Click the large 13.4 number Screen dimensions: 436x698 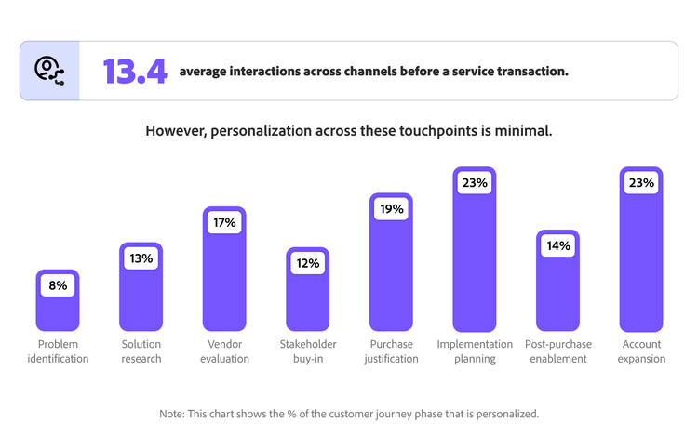tap(134, 71)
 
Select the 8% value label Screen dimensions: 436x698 tap(57, 285)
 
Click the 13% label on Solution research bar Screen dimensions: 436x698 tap(141, 258)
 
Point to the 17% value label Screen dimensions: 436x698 tap(224, 223)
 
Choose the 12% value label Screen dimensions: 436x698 tap(307, 263)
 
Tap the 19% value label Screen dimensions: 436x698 tap(391, 209)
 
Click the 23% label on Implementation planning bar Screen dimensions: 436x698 tap(475, 183)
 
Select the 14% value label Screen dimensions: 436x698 tap(557, 246)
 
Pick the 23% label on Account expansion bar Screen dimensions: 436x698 tap(641, 183)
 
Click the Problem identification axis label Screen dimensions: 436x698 tap(57, 351)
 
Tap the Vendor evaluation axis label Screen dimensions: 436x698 tap(224, 351)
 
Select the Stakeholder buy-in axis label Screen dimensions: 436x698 tap(307, 351)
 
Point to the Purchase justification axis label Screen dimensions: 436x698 tap(391, 351)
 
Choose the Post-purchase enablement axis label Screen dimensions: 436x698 tap(557, 351)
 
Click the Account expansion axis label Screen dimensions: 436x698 tap(641, 351)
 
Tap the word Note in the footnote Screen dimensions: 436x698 tap(173, 413)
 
